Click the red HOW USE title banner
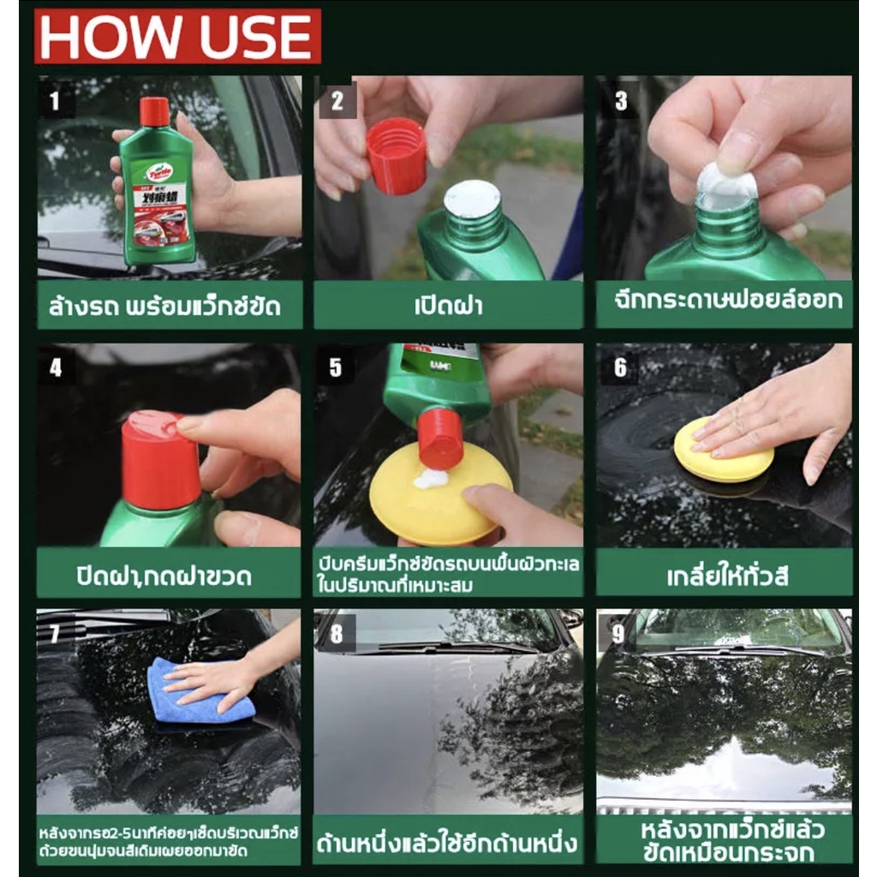(x=177, y=36)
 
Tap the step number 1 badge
(x=55, y=103)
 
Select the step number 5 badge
(x=335, y=368)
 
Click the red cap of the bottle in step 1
(x=154, y=112)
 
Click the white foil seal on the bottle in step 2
(x=472, y=198)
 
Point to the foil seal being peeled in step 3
(x=726, y=180)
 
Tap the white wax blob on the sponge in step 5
(x=431, y=479)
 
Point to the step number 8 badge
(x=337, y=634)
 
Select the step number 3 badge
(x=620, y=101)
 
